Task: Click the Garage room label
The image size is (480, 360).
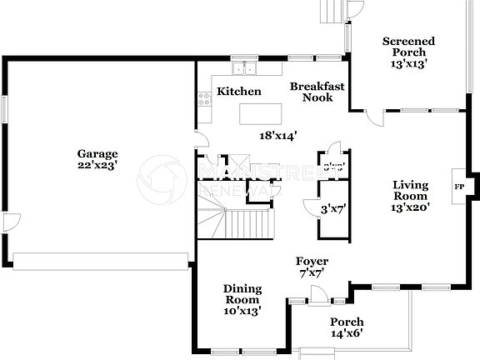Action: (x=97, y=153)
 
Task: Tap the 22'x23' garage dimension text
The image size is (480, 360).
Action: (x=97, y=165)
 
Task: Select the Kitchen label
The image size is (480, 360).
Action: (x=239, y=92)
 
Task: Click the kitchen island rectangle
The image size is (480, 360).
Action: (x=261, y=112)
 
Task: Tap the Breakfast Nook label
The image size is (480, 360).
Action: (x=312, y=92)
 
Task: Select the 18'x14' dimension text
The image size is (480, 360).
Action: (x=278, y=134)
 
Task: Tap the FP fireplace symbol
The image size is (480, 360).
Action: (x=459, y=187)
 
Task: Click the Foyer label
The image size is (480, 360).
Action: (x=312, y=261)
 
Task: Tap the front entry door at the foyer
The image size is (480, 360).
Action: (x=317, y=293)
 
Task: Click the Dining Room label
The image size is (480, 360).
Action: (x=242, y=294)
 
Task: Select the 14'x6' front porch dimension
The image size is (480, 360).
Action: (x=347, y=332)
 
